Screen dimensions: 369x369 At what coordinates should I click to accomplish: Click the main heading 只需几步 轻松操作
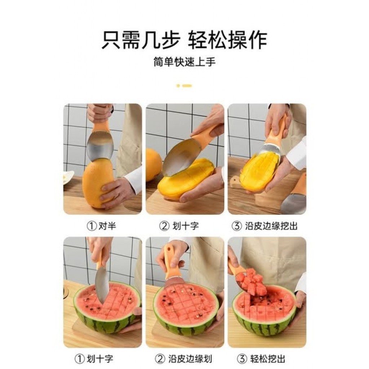click(184, 40)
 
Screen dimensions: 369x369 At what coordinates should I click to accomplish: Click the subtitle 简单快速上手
click(184, 62)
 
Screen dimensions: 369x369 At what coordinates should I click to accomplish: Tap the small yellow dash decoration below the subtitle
click(184, 86)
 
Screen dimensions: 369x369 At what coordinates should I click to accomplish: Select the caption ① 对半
click(101, 226)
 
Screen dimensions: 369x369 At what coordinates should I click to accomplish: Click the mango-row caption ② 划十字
click(179, 226)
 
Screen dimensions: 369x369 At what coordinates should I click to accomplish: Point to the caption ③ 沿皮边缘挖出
click(264, 226)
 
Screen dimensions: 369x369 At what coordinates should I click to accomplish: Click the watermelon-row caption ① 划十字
click(94, 359)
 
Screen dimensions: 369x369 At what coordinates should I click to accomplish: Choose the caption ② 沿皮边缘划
click(183, 359)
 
